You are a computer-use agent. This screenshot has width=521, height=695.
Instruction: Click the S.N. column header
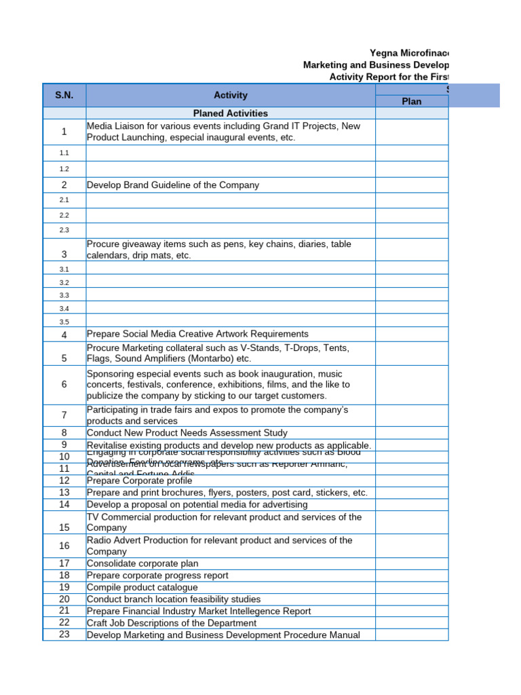pyautogui.click(x=64, y=95)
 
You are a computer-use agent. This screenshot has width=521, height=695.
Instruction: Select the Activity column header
pyautogui.click(x=231, y=95)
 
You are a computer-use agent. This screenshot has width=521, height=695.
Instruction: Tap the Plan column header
pyautogui.click(x=411, y=101)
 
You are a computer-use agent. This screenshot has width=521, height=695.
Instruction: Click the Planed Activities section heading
pyautogui.click(x=231, y=113)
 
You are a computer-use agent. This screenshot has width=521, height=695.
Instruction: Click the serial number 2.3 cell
pyautogui.click(x=64, y=230)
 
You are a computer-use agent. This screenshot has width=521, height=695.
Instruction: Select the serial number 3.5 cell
pyautogui.click(x=64, y=322)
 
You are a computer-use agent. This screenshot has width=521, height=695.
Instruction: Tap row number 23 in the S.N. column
pyautogui.click(x=64, y=635)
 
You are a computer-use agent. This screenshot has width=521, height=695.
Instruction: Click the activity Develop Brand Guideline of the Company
pyautogui.click(x=173, y=185)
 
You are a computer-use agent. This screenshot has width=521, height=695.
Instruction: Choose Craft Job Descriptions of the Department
pyautogui.click(x=172, y=623)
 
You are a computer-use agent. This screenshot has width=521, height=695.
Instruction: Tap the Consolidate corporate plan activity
pyautogui.click(x=142, y=563)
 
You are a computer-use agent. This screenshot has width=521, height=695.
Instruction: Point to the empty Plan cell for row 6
pyautogui.click(x=411, y=384)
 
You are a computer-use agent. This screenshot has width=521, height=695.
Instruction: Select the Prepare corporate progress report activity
pyautogui.click(x=157, y=575)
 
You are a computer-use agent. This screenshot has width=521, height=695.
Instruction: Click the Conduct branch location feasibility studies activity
pyautogui.click(x=173, y=599)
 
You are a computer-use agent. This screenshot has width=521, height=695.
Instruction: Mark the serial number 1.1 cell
pyautogui.click(x=64, y=153)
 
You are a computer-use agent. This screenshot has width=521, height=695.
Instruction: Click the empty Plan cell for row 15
pyautogui.click(x=411, y=522)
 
